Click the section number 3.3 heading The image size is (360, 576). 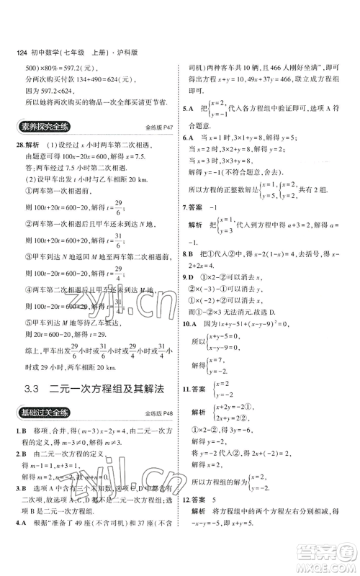(30, 390)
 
